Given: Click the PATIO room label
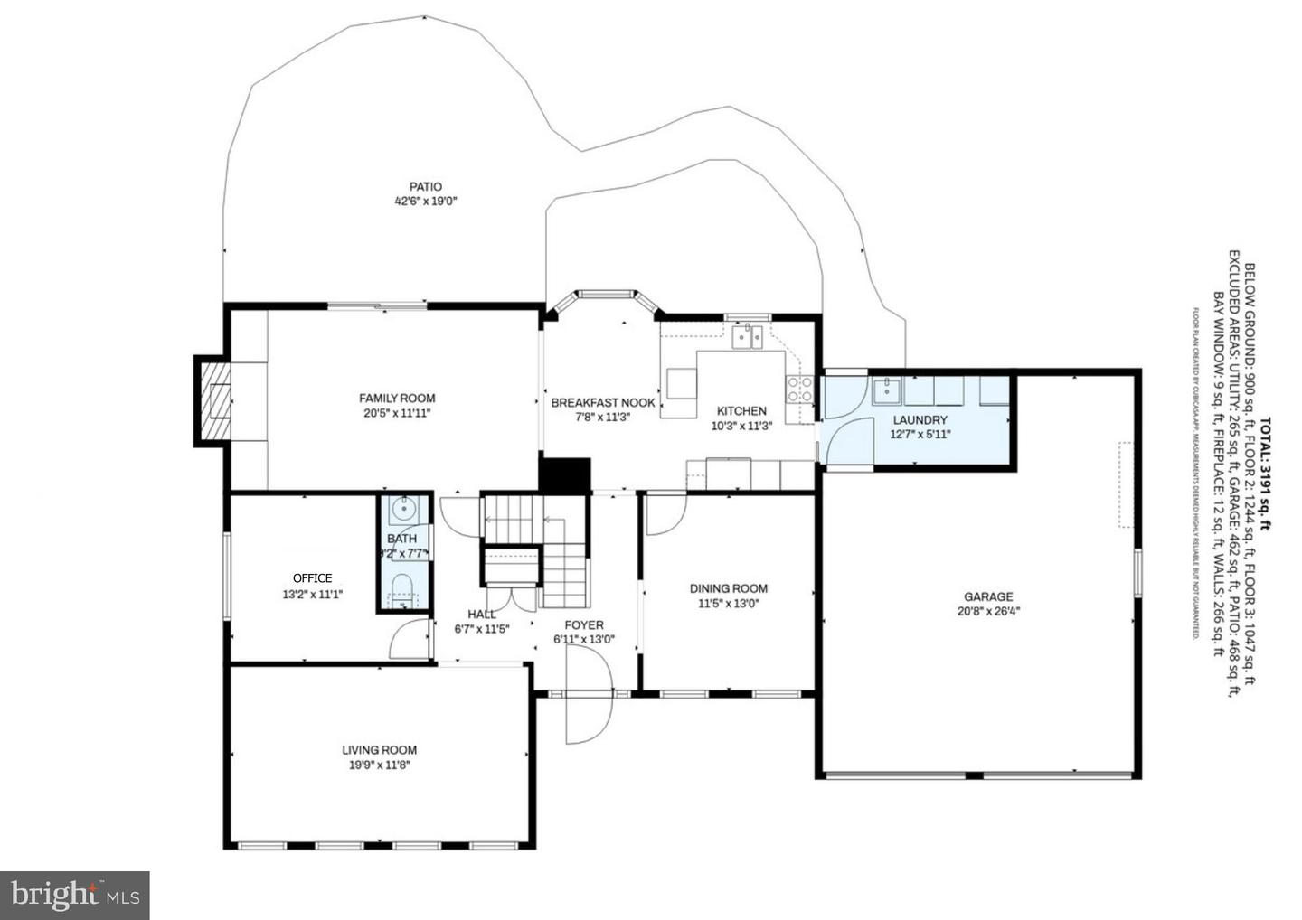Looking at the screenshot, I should pos(425,187).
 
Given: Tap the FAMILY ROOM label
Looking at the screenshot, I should pos(397,398).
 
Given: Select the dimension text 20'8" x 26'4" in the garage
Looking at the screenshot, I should pos(987,611).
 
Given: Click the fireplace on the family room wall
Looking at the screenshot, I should pos(214,400).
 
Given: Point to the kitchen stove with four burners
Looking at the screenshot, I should pos(799,389).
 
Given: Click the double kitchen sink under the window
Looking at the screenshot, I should pos(747,337).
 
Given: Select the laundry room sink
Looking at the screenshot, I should pos(886,391).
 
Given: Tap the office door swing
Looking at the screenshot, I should pos(409,640).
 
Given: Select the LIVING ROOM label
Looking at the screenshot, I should pos(379,750).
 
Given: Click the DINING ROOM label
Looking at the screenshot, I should pos(728,588).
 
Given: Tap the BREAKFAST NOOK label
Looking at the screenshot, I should pos(603,403).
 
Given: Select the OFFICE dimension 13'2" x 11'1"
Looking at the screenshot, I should pos(312,595).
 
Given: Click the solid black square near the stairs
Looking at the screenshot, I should pos(564,474).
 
